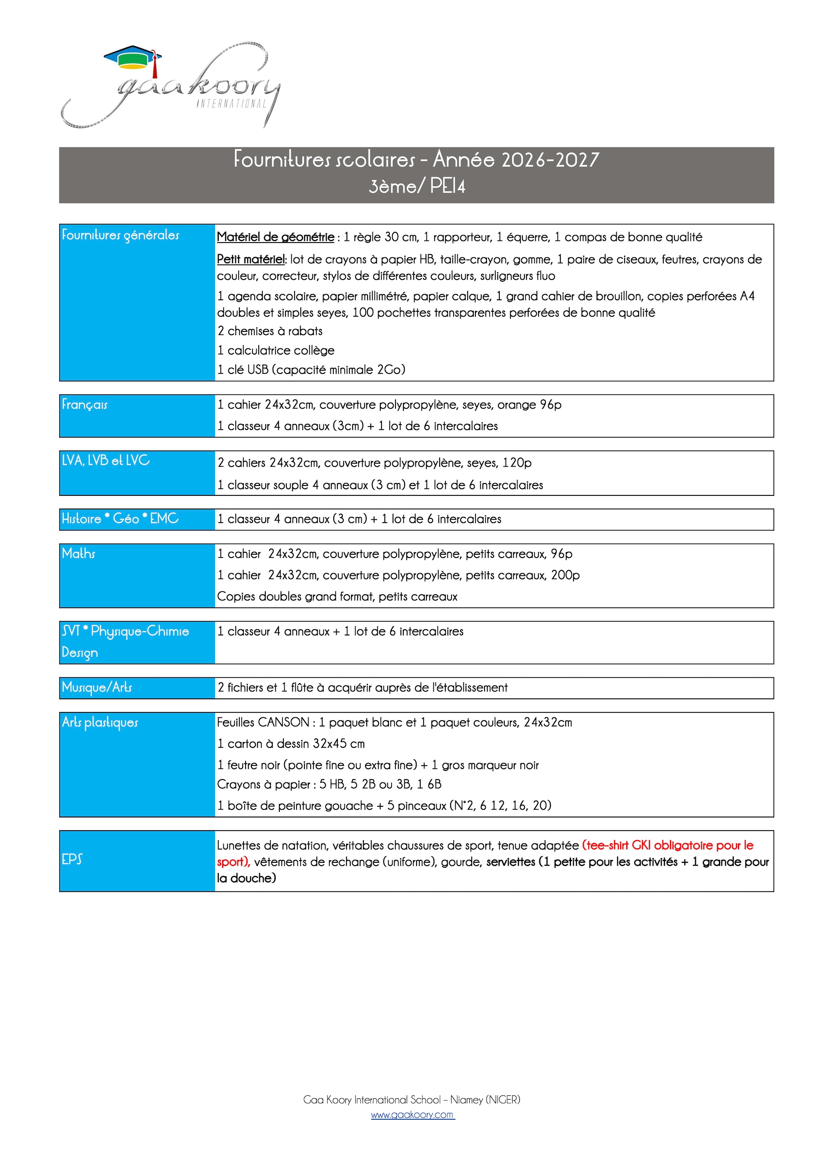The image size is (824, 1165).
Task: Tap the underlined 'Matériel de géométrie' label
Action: coord(275,237)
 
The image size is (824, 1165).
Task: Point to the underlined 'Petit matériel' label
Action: coord(251,259)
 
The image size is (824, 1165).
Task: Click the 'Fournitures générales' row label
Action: coord(120,235)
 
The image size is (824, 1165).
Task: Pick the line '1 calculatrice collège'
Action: coord(276,350)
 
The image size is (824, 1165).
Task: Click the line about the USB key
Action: coord(311,369)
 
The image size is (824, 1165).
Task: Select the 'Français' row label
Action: coord(84,404)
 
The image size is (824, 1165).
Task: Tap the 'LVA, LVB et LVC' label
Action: coord(105,460)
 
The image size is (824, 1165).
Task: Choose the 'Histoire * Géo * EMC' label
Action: coord(120,518)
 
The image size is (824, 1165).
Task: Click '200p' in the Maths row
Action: coord(565,575)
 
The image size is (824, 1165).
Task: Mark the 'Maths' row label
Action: coord(78,553)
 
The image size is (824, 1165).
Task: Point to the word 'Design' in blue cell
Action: coord(80,653)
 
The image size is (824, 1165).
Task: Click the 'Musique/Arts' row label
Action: coord(96,687)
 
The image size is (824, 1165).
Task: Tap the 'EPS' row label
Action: coord(72,859)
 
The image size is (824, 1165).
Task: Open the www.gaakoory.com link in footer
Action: coord(412,1115)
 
